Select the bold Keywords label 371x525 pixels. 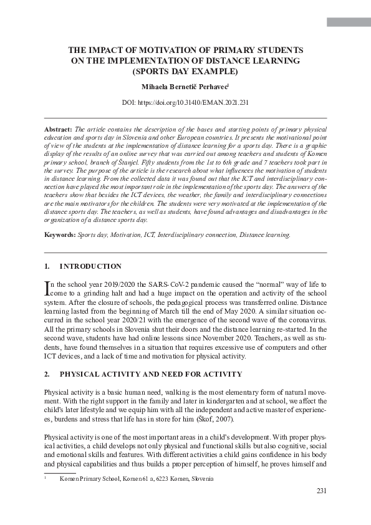point(59,235)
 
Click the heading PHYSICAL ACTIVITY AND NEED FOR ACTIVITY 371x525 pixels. point(150,374)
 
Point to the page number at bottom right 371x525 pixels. point(321,491)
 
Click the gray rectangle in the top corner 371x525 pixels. point(349,22)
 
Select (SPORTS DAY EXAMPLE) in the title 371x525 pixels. point(185,71)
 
